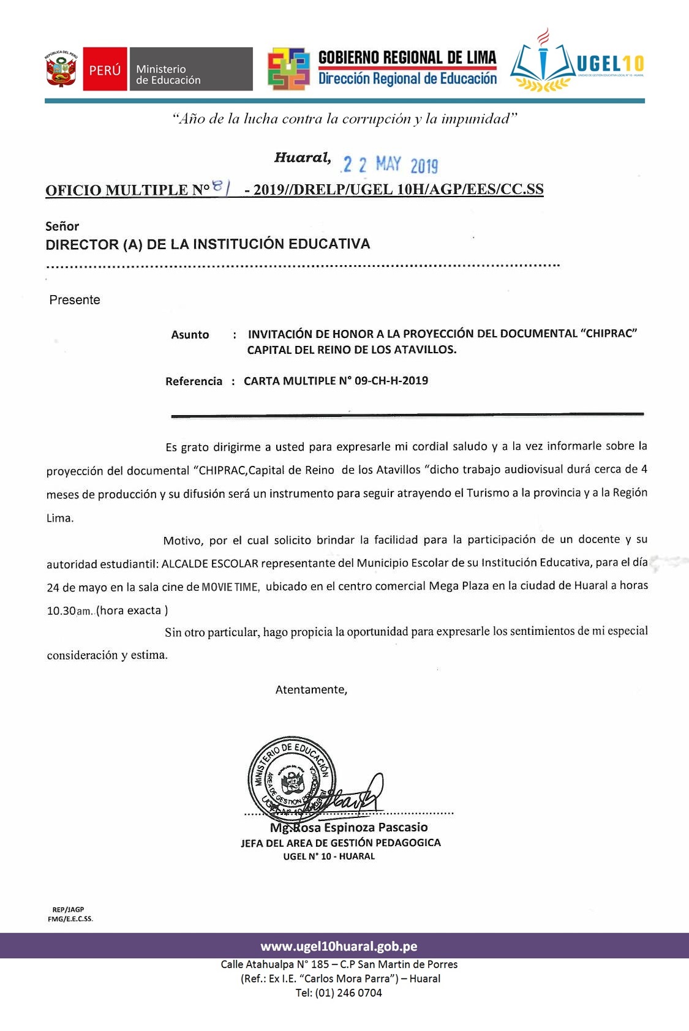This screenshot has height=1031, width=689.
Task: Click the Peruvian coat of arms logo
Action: click(x=61, y=69)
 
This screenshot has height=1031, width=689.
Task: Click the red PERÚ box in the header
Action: click(x=105, y=69)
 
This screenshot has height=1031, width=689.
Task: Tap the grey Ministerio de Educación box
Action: click(x=190, y=69)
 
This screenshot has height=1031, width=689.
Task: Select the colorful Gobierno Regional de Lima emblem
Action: click(x=288, y=69)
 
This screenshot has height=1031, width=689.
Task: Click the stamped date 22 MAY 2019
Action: click(x=390, y=165)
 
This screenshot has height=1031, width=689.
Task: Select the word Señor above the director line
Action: click(x=62, y=226)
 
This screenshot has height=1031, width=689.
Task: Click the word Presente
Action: click(x=75, y=300)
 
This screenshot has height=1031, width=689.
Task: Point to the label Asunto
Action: click(x=190, y=335)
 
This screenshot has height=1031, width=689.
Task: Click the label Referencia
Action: click(x=194, y=381)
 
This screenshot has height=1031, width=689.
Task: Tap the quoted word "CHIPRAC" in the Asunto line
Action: click(x=610, y=334)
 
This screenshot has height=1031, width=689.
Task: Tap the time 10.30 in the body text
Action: click(x=61, y=611)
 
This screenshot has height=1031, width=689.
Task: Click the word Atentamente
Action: click(x=311, y=690)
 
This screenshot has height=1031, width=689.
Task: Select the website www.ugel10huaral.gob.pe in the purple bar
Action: click(x=339, y=947)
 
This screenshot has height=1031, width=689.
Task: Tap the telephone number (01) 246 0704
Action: click(x=348, y=993)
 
